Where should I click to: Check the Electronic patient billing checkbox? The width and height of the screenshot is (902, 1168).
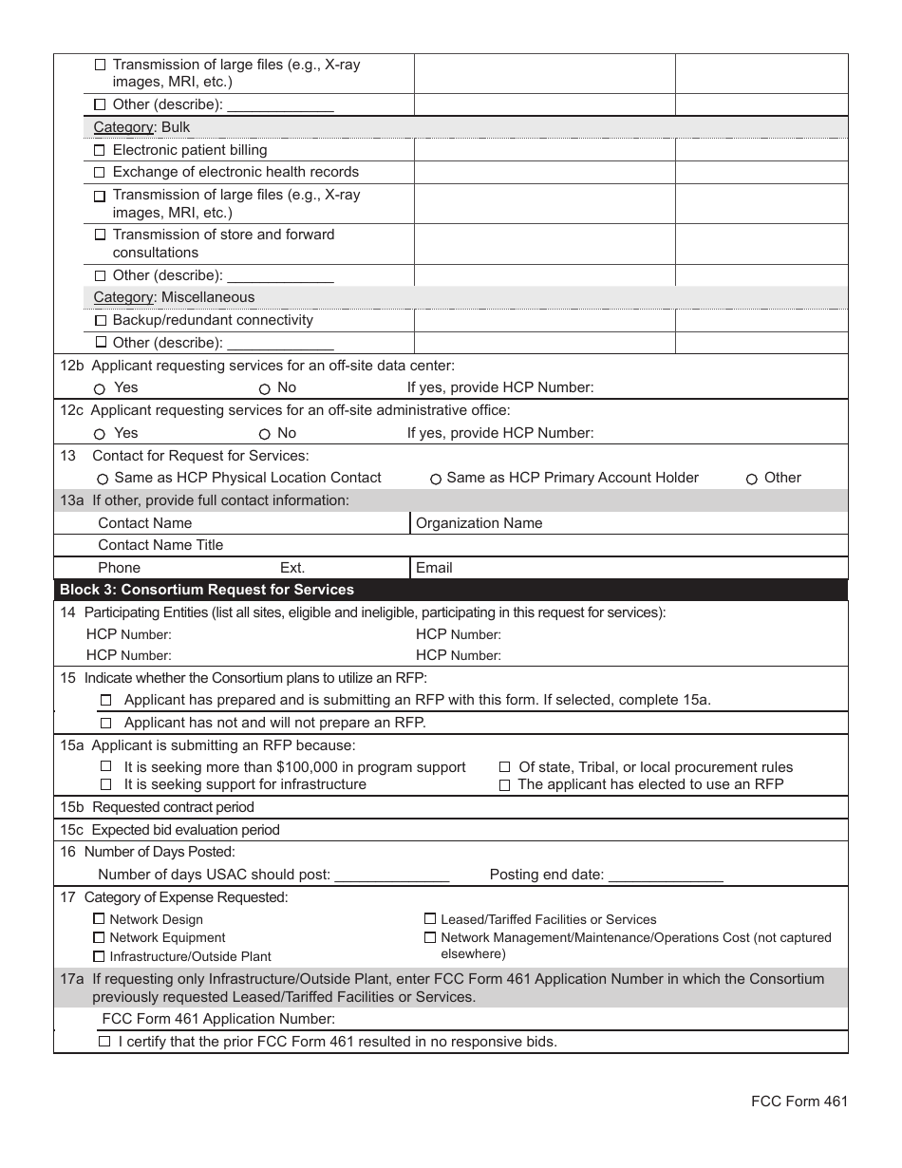click(100, 150)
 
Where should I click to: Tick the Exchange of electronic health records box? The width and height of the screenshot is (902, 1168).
click(100, 172)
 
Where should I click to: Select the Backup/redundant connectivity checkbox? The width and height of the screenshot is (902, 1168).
click(100, 320)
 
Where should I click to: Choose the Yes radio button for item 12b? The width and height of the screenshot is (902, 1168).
click(100, 388)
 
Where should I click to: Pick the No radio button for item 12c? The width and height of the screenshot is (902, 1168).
click(264, 434)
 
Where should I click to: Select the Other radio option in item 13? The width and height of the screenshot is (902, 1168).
click(751, 479)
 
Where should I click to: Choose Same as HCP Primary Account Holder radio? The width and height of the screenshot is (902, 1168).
click(436, 479)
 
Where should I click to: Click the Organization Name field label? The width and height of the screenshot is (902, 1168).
click(479, 523)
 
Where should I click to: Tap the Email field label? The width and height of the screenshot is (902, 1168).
click(434, 568)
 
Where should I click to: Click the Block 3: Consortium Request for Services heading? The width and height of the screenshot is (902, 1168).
click(207, 590)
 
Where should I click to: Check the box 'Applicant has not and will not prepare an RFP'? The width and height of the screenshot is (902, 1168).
click(105, 723)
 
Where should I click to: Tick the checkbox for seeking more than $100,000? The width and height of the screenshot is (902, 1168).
click(105, 767)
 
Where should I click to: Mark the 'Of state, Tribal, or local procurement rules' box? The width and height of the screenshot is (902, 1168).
click(505, 767)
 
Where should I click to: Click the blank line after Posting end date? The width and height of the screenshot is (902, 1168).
click(666, 875)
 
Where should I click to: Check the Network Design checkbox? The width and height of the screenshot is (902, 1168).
click(99, 919)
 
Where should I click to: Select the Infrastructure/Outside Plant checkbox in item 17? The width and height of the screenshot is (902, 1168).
click(99, 956)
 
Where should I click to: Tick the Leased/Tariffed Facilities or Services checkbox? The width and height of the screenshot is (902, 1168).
click(429, 919)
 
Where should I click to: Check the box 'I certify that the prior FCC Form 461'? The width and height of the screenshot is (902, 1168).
click(104, 1042)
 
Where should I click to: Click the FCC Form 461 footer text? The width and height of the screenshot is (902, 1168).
click(799, 1102)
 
